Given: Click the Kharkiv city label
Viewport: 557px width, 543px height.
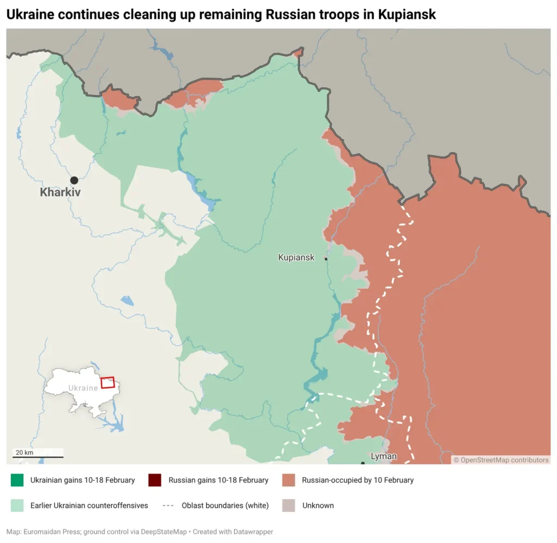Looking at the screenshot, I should pos(60,192).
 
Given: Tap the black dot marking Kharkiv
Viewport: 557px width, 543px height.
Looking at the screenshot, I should pos(74,180).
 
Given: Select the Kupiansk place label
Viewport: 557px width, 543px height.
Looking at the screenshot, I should pos(296,258).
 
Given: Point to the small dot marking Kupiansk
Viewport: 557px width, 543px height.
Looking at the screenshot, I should pos(326,259).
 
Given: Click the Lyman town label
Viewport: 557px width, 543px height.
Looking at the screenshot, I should pos(383,456).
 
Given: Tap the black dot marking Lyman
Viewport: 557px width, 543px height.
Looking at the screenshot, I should pos(363,463).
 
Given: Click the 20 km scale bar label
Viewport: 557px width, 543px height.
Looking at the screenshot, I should pos(24,453).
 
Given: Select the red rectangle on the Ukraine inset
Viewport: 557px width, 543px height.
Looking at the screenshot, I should pos(108,382).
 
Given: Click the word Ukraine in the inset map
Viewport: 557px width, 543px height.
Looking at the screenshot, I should pos(83,388).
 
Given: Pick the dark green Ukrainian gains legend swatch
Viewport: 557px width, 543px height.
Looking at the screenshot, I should pos(17,480).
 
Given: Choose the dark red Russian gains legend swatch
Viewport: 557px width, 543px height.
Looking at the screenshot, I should pos(155,480).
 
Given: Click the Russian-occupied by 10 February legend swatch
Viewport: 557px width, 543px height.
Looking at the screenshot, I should pos(289,480).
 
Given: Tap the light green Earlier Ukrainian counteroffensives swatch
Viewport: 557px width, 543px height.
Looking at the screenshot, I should pos(17,505).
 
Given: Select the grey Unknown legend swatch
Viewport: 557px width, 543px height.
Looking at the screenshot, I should pos(289,505).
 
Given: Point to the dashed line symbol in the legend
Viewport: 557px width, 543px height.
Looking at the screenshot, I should pos(169,505).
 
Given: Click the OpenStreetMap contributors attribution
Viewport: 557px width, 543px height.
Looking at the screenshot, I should pos(501,460).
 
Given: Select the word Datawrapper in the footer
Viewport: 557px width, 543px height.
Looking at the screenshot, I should pos(252,532).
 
